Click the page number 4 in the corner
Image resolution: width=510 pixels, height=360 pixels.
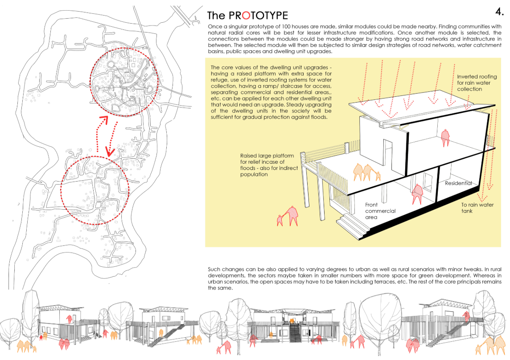pyautogui.click(x=499, y=11)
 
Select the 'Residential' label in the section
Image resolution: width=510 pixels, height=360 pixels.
pyautogui.click(x=458, y=183)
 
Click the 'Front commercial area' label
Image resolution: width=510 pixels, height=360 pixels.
pyautogui.click(x=380, y=211)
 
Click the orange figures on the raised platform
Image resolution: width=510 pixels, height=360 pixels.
pyautogui.click(x=367, y=172)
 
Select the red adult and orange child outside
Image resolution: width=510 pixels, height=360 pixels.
pyautogui.click(x=288, y=216)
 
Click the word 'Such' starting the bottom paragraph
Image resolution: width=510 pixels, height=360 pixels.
pyautogui.click(x=214, y=269)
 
